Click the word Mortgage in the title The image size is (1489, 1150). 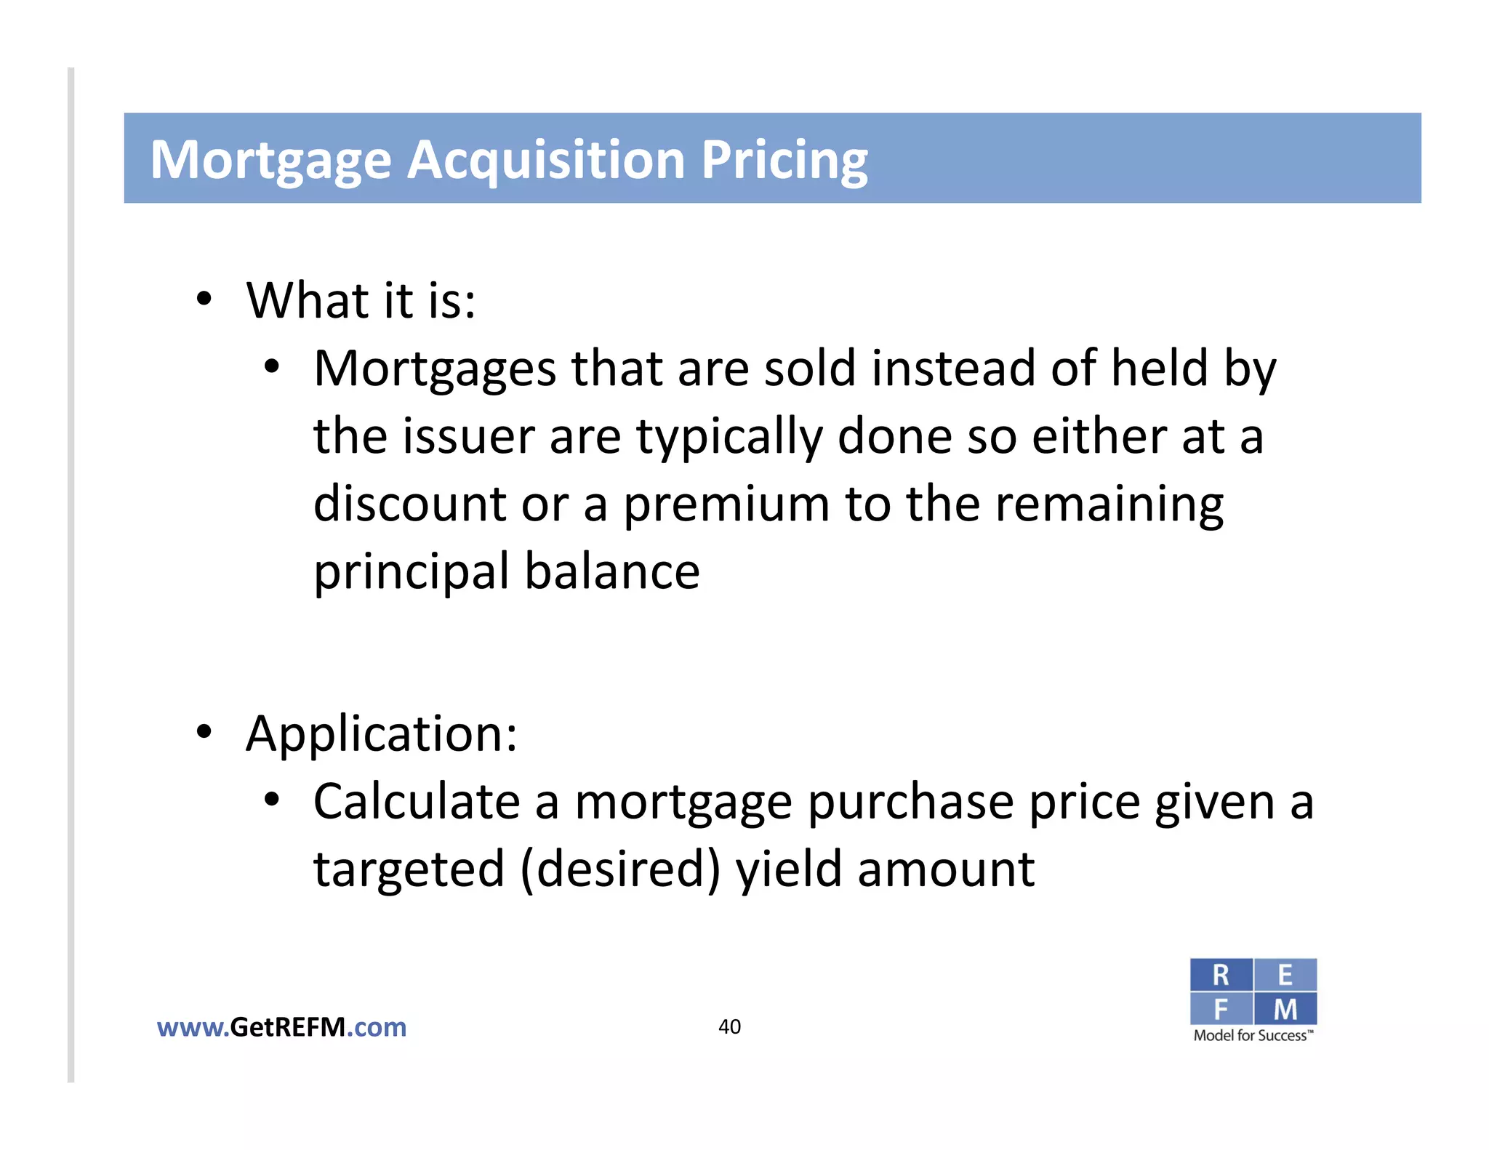tap(270, 161)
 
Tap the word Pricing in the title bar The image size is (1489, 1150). tap(784, 161)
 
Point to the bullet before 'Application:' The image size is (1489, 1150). tap(204, 732)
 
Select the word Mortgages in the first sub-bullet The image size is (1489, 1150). tap(435, 369)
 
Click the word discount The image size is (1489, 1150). tap(409, 504)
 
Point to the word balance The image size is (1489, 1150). tap(612, 571)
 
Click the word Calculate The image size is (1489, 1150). tap(417, 802)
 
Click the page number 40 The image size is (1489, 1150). tap(729, 1026)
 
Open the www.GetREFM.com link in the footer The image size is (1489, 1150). tap(281, 1027)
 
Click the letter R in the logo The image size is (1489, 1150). tap(1221, 976)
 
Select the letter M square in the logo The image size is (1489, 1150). tap(1285, 1009)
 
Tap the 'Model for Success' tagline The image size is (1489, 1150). tap(1253, 1036)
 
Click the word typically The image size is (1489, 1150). tap(729, 438)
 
